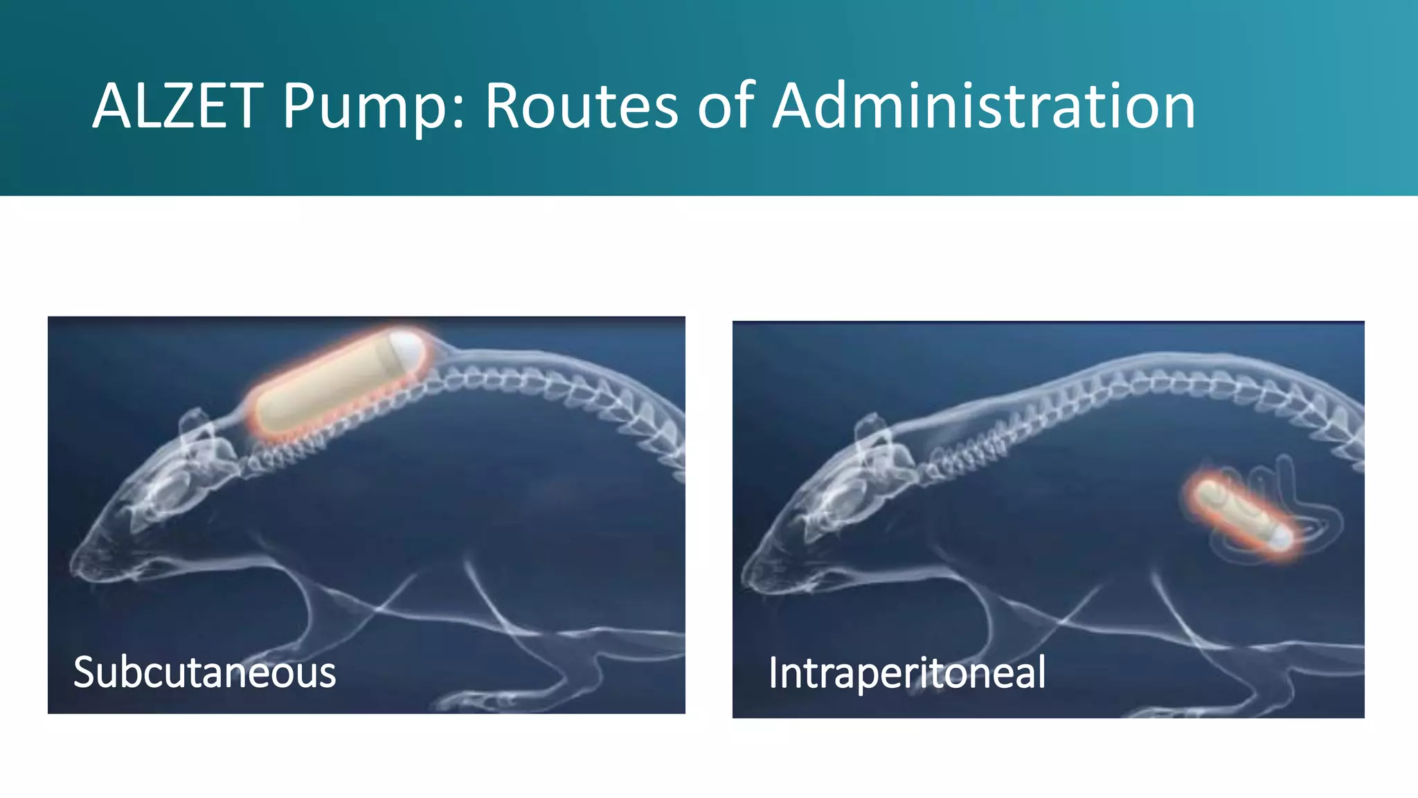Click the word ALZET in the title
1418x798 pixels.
pos(177,107)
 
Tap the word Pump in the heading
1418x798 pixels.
pos(364,108)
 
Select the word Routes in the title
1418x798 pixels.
pos(580,107)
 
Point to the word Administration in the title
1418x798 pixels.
pos(983,107)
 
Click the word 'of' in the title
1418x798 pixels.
pos(725,107)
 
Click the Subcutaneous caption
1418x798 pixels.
pos(204,673)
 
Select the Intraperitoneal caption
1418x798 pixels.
pos(906,673)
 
